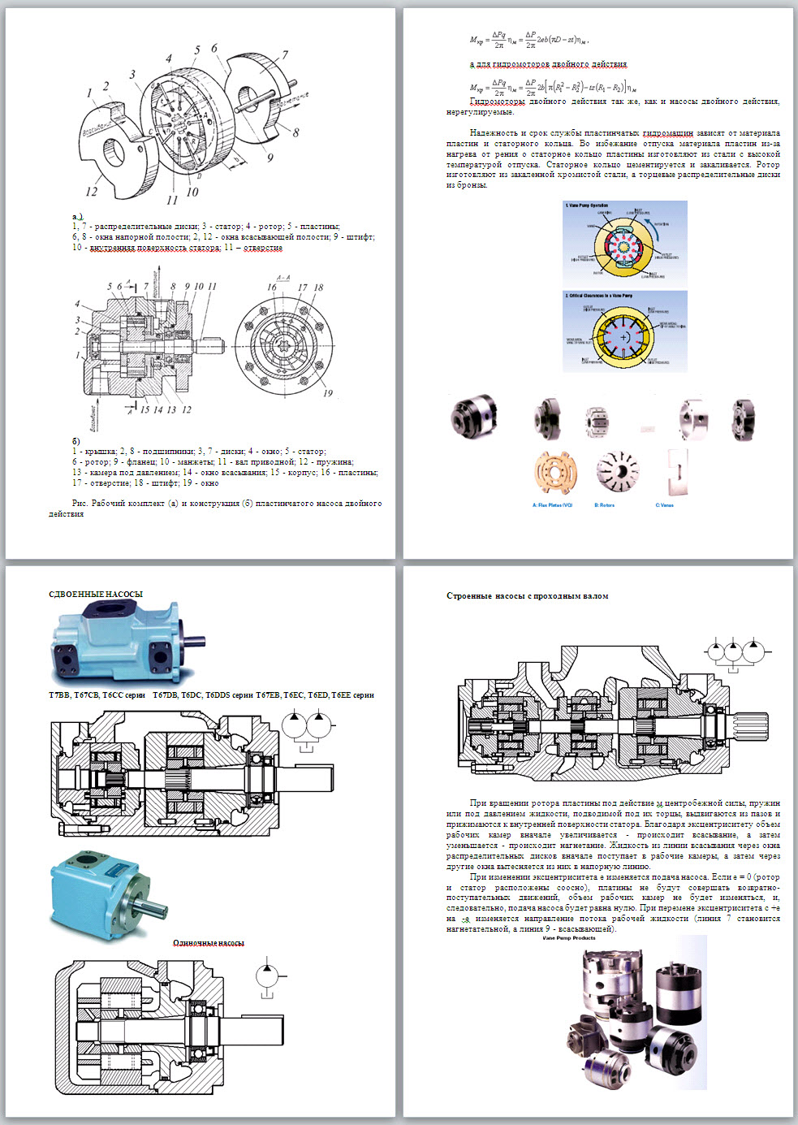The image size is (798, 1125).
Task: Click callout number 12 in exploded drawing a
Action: (91, 192)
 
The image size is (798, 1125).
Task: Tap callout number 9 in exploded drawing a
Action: (270, 158)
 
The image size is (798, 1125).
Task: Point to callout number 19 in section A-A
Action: (328, 393)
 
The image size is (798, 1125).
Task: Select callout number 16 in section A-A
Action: (272, 287)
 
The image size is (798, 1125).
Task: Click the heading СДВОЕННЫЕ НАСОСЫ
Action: (96, 594)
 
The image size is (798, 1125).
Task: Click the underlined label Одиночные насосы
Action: (209, 943)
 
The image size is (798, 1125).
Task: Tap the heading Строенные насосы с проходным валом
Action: (527, 595)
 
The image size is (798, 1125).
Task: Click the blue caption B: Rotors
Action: (605, 505)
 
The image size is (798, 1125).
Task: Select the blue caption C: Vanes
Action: (665, 505)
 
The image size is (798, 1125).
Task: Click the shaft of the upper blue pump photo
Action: (194, 640)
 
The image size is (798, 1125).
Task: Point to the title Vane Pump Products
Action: (569, 937)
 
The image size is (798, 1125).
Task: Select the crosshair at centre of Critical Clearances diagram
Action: (623, 336)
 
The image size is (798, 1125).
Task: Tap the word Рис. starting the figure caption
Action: (80, 504)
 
